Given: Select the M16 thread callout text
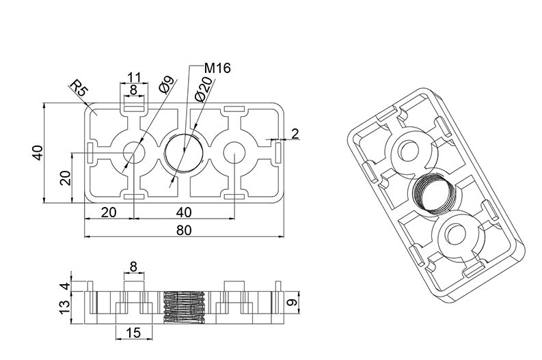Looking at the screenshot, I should tap(218, 68).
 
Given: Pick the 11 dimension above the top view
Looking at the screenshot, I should tap(134, 77).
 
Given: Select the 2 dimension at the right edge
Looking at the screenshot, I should tap(295, 134).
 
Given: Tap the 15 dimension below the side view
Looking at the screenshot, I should tap(133, 333).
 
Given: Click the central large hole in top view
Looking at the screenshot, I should tap(184, 152).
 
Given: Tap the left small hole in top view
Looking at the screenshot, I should tap(133, 152).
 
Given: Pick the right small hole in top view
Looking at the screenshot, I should tap(234, 152).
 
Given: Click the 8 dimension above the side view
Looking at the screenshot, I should tap(133, 266).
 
